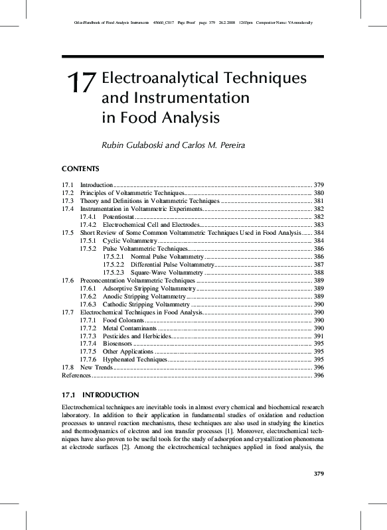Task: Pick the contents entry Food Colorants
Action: click(x=123, y=320)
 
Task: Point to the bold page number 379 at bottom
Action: click(x=317, y=473)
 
